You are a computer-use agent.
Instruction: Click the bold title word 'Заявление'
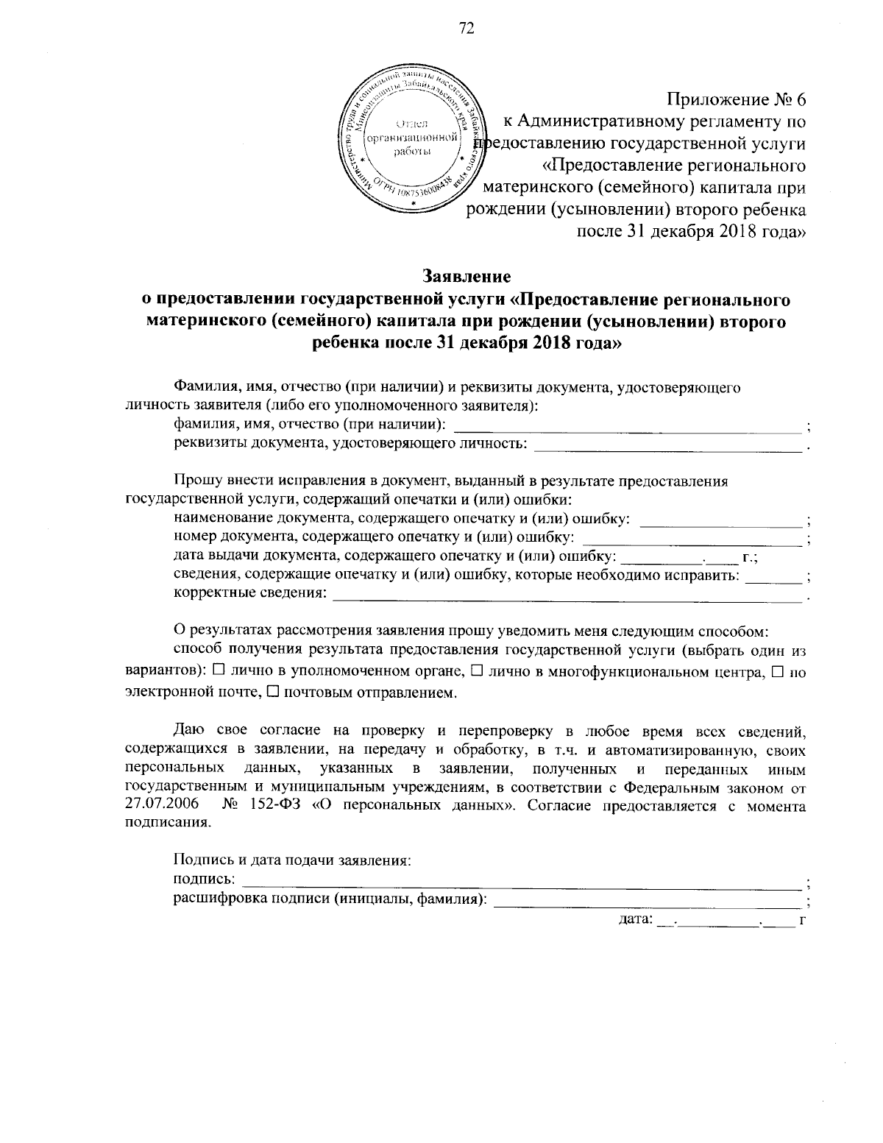click(466, 276)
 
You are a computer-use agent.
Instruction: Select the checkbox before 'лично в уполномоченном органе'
click(219, 670)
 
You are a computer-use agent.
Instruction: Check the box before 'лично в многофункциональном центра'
click(476, 670)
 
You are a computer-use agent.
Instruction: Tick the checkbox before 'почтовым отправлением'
click(272, 692)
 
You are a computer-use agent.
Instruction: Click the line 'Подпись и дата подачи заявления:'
click(291, 859)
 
